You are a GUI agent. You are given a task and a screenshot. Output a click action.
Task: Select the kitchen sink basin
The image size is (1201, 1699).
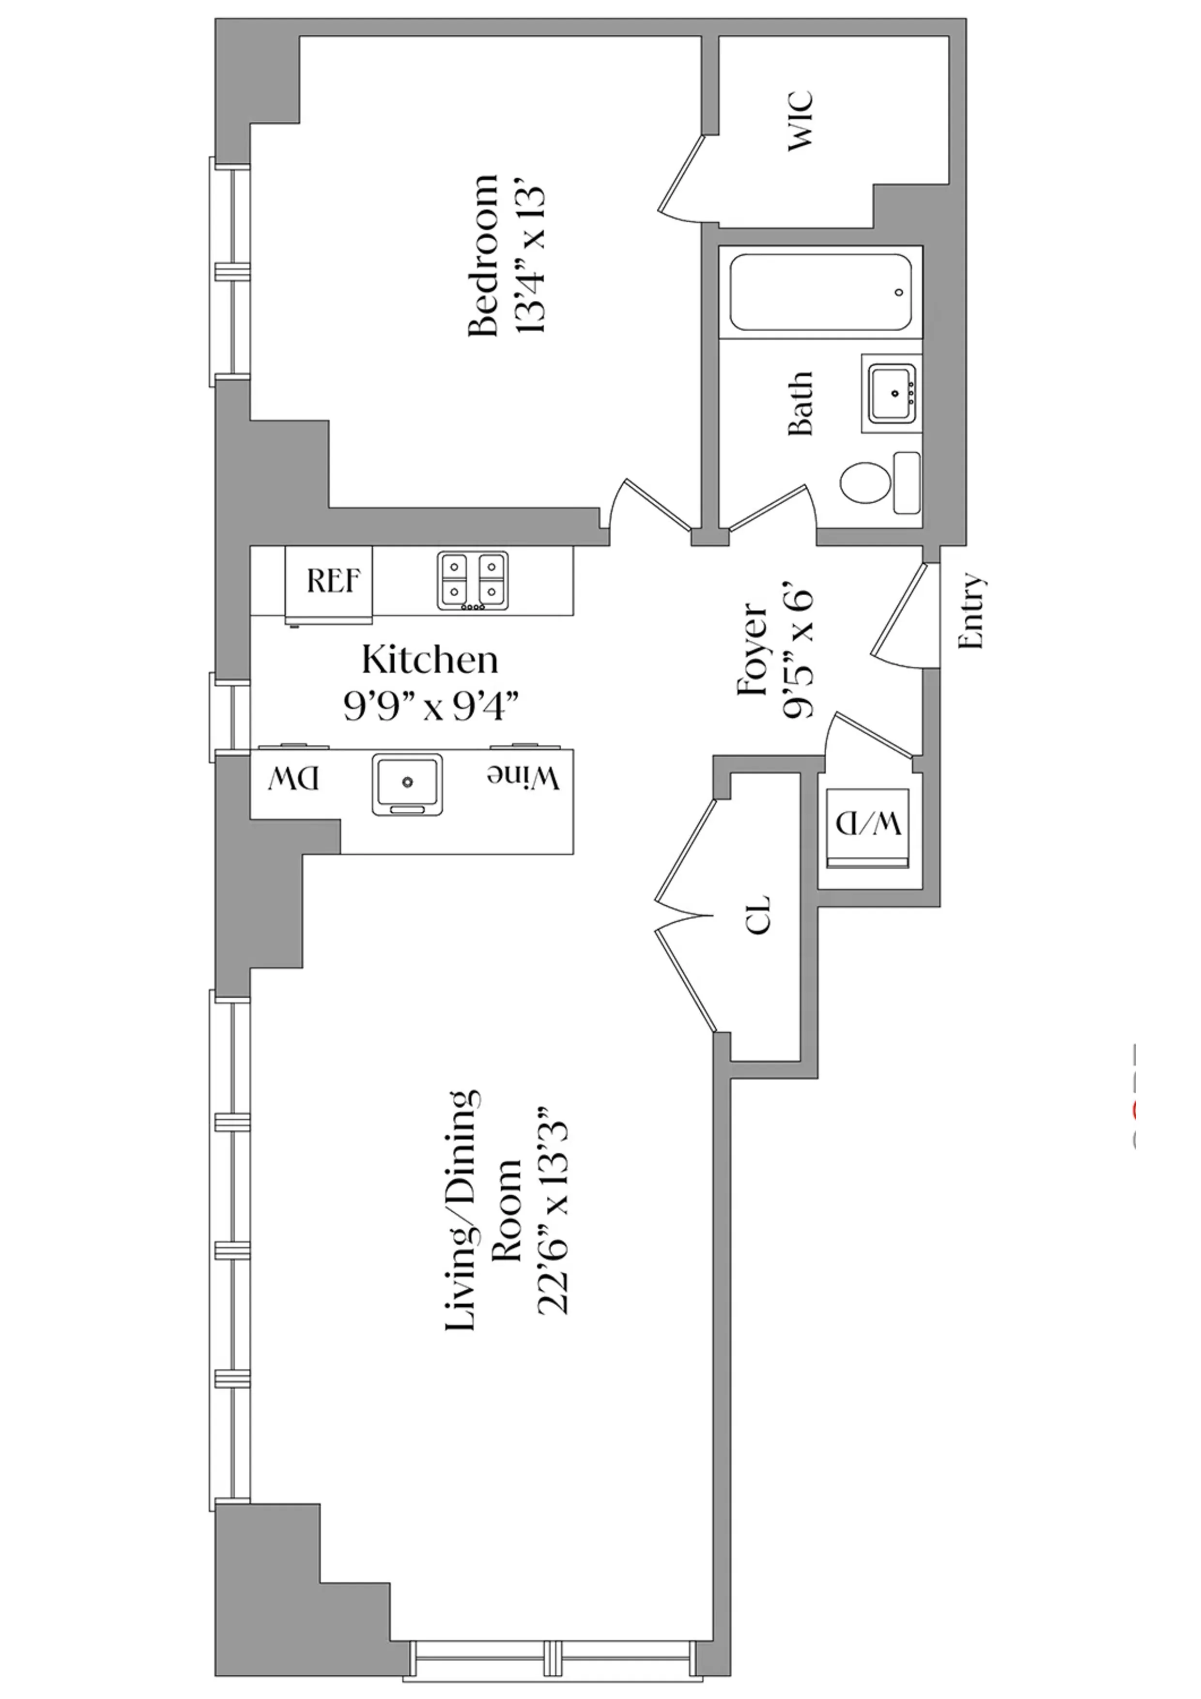[407, 783]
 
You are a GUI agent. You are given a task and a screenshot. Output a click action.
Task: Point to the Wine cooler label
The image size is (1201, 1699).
[523, 777]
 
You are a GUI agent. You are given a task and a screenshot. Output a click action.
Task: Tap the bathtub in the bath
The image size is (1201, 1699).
[820, 293]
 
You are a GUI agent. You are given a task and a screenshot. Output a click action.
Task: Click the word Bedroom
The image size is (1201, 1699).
[484, 256]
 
